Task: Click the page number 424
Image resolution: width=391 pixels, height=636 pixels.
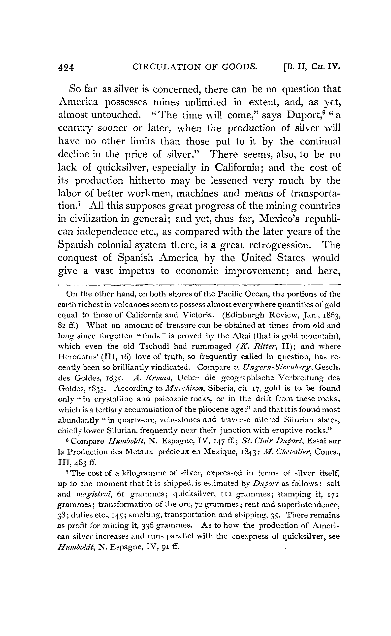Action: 66,68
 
